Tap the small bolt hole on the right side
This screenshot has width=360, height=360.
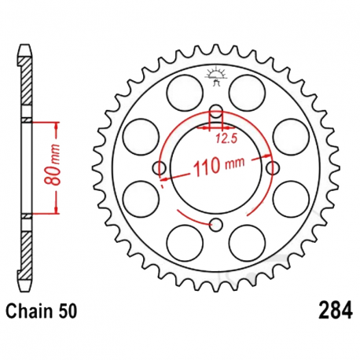point(274,168)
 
